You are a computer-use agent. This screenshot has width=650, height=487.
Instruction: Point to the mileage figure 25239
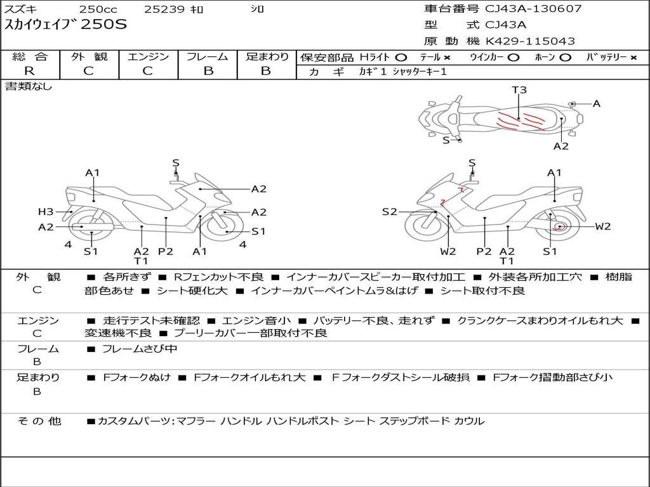tap(164, 10)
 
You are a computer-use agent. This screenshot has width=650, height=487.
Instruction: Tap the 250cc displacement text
tap(98, 10)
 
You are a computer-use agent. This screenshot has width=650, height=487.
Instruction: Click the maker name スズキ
tap(20, 10)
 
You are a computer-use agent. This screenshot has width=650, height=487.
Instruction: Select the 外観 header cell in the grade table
tap(88, 57)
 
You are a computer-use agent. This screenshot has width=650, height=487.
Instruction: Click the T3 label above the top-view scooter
tap(519, 90)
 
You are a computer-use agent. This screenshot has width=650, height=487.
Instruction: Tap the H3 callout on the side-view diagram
tap(45, 212)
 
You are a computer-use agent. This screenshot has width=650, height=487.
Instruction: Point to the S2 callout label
tap(389, 212)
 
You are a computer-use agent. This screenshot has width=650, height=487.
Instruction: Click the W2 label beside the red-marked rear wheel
tap(602, 226)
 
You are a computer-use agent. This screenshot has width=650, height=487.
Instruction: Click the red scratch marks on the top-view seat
tap(519, 120)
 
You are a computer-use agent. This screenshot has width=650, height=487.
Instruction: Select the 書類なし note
tap(29, 86)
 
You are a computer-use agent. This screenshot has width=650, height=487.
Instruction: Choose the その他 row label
tap(39, 420)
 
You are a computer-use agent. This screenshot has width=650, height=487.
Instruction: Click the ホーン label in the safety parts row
tap(545, 57)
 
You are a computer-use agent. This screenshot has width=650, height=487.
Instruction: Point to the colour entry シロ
tap(257, 10)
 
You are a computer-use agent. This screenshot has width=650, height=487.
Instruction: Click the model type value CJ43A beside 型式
tap(506, 25)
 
